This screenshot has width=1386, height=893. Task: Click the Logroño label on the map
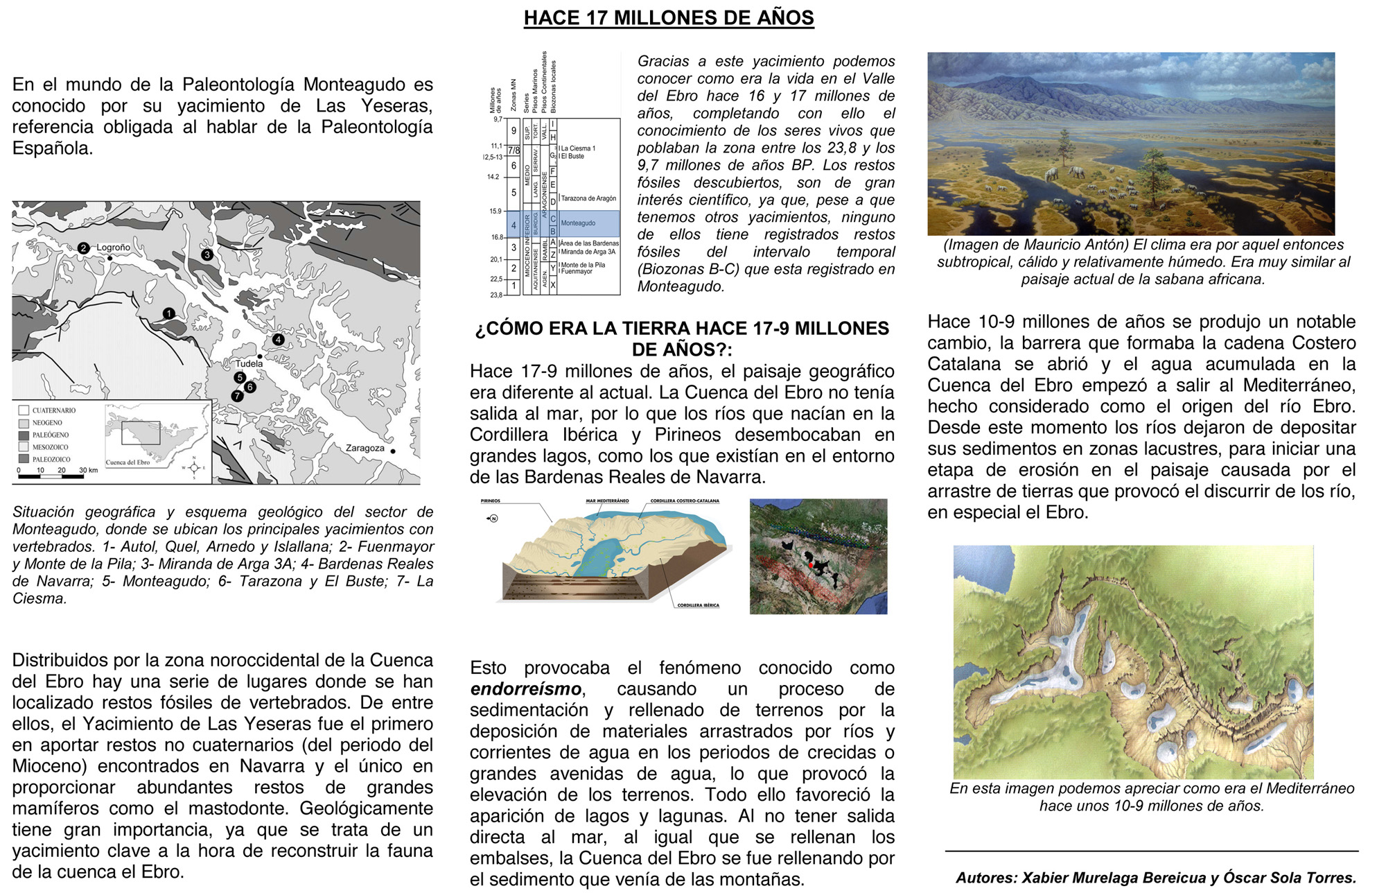coord(113,248)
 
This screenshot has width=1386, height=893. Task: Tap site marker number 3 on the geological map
coord(207,254)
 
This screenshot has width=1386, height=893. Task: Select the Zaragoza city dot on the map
coord(393,451)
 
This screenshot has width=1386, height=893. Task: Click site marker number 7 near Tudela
coord(238,396)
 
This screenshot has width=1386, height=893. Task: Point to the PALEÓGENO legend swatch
coord(24,435)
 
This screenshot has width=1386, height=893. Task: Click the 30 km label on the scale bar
coord(88,470)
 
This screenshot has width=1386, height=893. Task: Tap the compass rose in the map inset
coord(195,467)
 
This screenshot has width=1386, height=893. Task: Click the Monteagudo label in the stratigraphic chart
coord(578,223)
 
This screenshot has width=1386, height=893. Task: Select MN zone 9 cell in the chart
coord(514,130)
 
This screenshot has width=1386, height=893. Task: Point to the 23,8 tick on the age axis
coord(496,295)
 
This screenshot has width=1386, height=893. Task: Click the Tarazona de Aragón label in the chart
coord(588,198)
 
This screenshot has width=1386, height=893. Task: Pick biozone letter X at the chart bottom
coord(553,284)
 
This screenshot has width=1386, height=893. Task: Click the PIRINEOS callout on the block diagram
coord(491,501)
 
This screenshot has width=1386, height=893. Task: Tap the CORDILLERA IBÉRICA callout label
coord(698,605)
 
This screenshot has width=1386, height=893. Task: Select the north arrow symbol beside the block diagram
coord(493,518)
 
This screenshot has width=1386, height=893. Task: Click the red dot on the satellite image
coord(811,565)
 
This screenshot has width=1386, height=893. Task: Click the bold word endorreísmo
coord(526,689)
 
